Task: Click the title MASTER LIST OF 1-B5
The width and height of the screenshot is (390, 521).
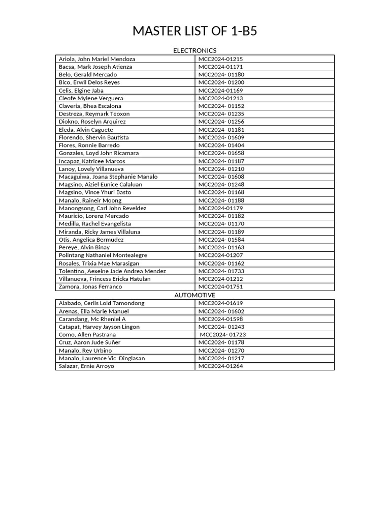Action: coord(194,32)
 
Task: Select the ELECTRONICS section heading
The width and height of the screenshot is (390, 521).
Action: coord(194,50)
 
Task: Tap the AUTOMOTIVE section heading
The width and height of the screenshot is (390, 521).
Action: coord(194,295)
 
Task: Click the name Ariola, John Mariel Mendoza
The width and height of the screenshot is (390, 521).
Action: coord(97,59)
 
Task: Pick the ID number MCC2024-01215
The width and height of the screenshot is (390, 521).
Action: coord(220,59)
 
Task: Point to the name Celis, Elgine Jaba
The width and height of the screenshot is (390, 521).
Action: coord(81,91)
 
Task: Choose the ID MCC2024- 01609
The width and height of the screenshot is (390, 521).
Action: coord(221,137)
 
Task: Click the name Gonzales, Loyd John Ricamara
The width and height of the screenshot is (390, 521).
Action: coord(99,153)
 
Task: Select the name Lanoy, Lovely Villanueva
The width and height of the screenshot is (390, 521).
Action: coord(91,169)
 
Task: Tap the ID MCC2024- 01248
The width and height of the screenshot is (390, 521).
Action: coord(221,185)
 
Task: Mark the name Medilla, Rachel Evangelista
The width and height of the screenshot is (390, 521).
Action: coord(95,224)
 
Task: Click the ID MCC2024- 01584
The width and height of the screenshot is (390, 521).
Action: coord(221,240)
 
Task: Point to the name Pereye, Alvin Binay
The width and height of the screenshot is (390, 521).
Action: coord(84,247)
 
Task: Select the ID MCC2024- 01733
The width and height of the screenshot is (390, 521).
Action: coord(221,271)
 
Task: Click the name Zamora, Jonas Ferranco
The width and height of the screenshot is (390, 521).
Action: coord(90,287)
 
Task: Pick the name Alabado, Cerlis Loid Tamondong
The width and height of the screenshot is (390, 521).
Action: coord(102,303)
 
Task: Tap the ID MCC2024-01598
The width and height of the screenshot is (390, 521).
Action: coord(220,319)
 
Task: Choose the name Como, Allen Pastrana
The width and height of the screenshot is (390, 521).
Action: coord(87,335)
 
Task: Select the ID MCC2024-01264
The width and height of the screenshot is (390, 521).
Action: coord(220,366)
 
